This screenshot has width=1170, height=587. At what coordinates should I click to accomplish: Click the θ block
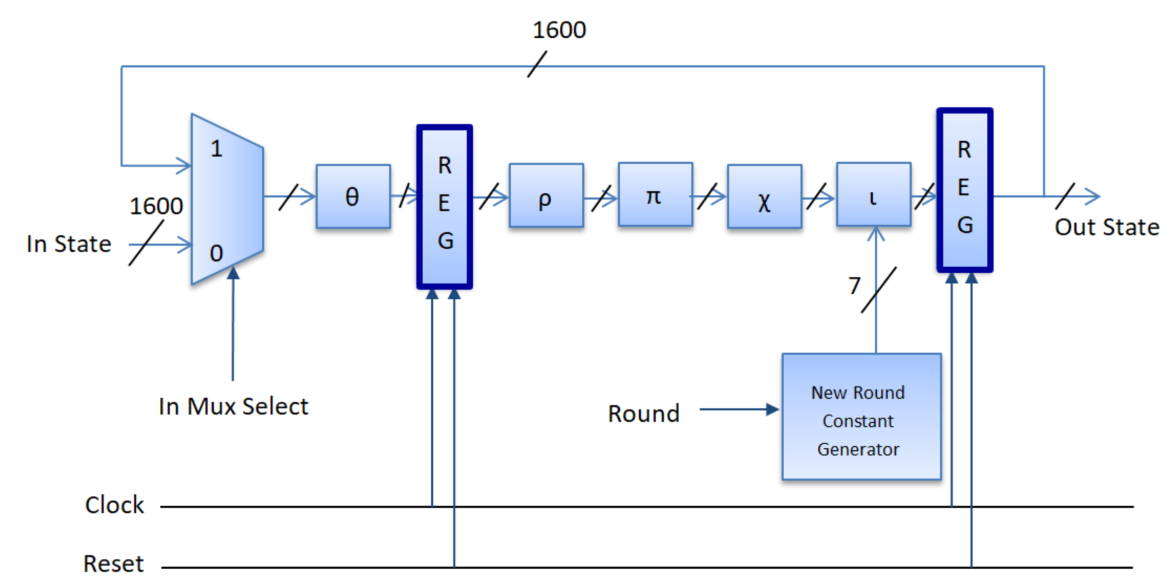pyautogui.click(x=353, y=196)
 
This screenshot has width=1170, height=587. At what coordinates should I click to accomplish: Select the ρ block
pyautogui.click(x=546, y=196)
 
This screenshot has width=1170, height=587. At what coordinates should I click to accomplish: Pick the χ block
pyautogui.click(x=764, y=196)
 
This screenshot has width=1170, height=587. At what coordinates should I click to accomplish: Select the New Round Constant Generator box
pyautogui.click(x=861, y=416)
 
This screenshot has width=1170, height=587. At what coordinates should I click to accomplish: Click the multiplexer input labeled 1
pyautogui.click(x=216, y=149)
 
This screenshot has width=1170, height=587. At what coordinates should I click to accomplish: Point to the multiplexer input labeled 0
pyautogui.click(x=216, y=253)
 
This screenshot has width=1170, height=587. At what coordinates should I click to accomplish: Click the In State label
pyautogui.click(x=69, y=244)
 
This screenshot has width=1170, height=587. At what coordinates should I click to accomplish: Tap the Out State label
pyautogui.click(x=1106, y=227)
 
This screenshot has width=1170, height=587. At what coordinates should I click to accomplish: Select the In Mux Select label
pyautogui.click(x=233, y=406)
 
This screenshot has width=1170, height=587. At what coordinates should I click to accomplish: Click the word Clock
pyautogui.click(x=115, y=505)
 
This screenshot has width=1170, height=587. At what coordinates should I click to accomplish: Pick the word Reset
pyautogui.click(x=114, y=564)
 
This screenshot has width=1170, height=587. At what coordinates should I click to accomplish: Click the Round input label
pyautogui.click(x=643, y=414)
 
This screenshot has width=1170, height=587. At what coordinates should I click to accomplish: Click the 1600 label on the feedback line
pyautogui.click(x=559, y=30)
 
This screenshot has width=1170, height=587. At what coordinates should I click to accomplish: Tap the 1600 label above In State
pyautogui.click(x=156, y=206)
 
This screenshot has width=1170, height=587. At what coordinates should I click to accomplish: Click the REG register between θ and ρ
pyautogui.click(x=445, y=206)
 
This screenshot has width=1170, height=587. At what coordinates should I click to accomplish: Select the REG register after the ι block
pyautogui.click(x=964, y=190)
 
